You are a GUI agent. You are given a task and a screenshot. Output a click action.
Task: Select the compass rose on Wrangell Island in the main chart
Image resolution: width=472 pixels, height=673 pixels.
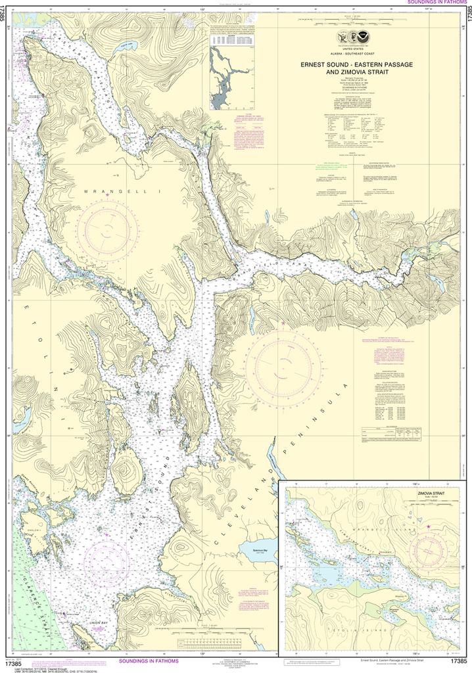coord(107,229)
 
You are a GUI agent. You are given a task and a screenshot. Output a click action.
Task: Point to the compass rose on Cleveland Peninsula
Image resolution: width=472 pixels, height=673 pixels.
coord(284,360)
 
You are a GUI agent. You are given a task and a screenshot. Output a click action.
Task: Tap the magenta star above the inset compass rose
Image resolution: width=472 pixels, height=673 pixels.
coord(428,526)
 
